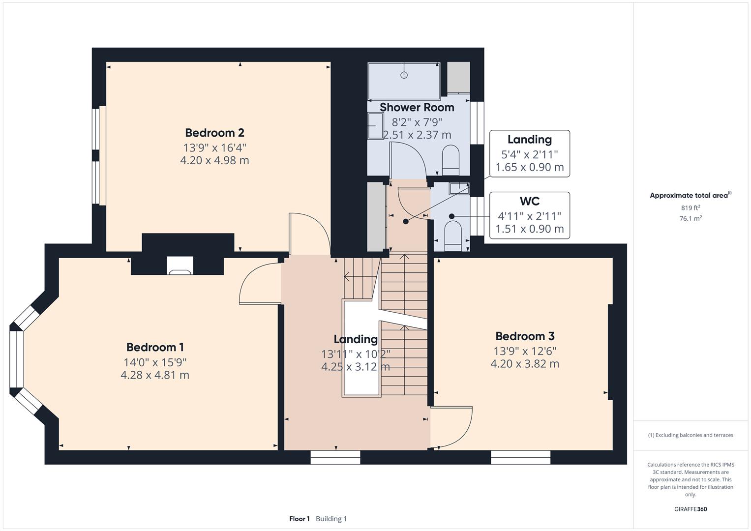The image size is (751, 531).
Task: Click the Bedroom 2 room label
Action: (214, 133)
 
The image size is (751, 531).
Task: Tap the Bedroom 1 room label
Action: (155, 348)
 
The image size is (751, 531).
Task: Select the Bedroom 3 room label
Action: (525, 336)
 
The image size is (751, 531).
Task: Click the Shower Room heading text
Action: (417, 107)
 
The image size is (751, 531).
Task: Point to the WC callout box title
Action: (529, 201)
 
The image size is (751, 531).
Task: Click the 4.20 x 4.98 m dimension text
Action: (214, 160)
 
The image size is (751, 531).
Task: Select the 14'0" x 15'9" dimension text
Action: (155, 362)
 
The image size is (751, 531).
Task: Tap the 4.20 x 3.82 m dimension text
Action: (525, 364)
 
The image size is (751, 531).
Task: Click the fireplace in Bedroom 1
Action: (180, 266)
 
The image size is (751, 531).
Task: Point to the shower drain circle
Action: (404, 75)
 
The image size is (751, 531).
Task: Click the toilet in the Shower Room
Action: (451, 159)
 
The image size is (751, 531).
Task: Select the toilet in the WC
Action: (452, 233)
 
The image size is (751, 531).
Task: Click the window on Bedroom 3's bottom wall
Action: (520, 457)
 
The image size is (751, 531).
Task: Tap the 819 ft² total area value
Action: (691, 207)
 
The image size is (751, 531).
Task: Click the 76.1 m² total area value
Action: (691, 218)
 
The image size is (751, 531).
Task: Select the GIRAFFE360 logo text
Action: (691, 509)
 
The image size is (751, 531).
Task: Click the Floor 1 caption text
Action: (299, 519)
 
